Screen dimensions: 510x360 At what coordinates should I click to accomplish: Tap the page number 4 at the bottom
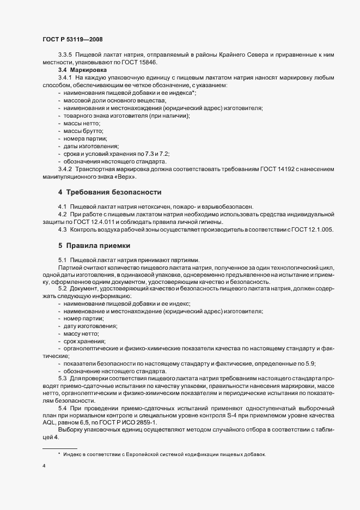coord(44,466)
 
